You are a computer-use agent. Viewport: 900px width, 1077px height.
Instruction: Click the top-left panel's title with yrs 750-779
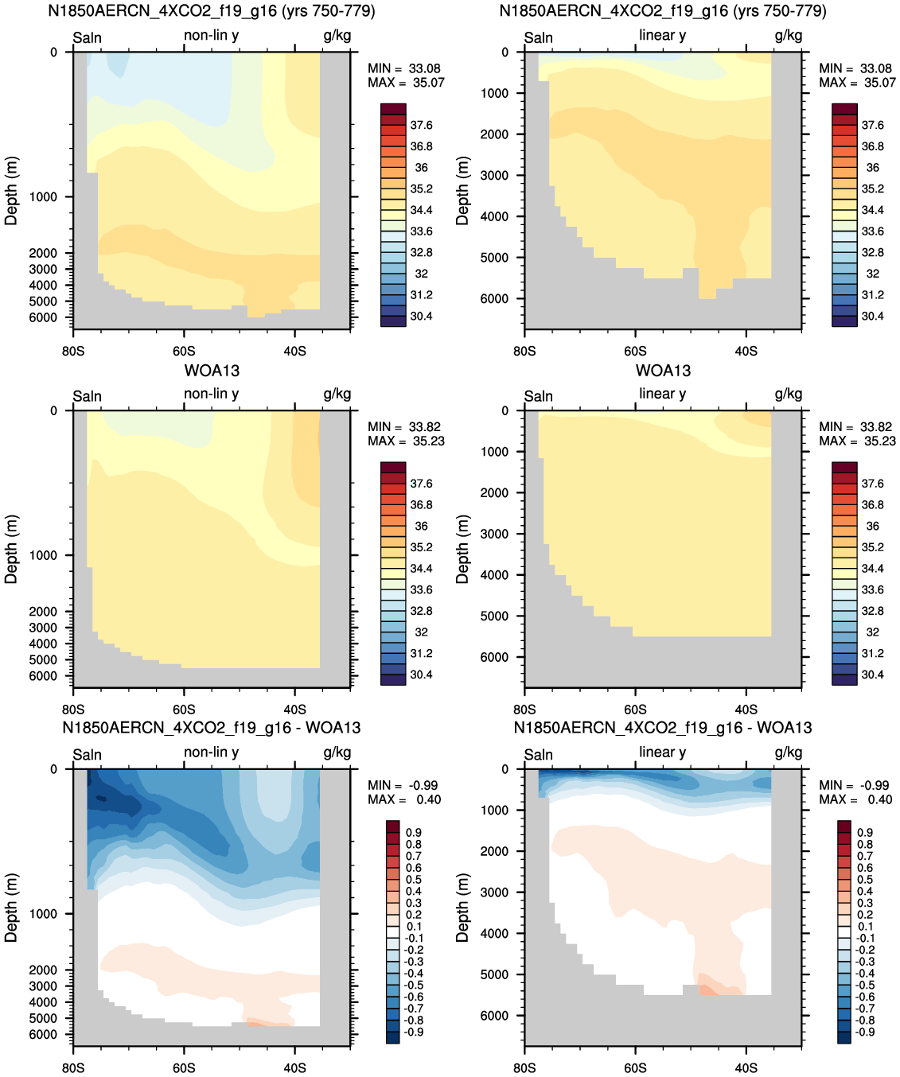(212, 10)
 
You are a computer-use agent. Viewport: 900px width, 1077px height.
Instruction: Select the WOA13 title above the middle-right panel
(663, 371)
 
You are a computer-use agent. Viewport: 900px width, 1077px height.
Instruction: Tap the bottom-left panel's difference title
(212, 728)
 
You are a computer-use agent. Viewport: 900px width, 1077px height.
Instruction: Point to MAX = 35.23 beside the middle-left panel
(406, 441)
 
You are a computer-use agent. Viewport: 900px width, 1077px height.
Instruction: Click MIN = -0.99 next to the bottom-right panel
(854, 785)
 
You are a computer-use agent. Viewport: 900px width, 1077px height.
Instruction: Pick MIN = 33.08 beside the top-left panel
(404, 68)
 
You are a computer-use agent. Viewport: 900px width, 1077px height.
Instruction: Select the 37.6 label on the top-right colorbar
(873, 125)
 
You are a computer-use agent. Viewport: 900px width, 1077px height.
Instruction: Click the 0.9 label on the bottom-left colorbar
(413, 833)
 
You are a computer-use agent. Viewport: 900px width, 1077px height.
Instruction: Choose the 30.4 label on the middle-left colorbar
(421, 675)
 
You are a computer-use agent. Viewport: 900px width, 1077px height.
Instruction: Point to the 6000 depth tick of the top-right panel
(494, 298)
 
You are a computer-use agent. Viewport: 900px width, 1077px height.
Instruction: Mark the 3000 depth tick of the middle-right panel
(494, 534)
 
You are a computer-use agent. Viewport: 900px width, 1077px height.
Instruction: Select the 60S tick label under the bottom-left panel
(185, 1067)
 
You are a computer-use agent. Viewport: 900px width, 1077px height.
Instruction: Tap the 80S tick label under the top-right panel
(525, 352)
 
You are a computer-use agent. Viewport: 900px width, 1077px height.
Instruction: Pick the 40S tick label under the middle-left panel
(294, 710)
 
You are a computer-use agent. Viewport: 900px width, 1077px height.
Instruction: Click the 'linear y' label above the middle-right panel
(663, 394)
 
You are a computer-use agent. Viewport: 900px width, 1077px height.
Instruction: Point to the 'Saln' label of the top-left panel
(88, 37)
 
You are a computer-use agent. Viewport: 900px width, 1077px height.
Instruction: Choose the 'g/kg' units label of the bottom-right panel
(789, 752)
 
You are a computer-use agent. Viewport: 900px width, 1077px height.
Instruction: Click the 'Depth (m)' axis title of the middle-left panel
(11, 550)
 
